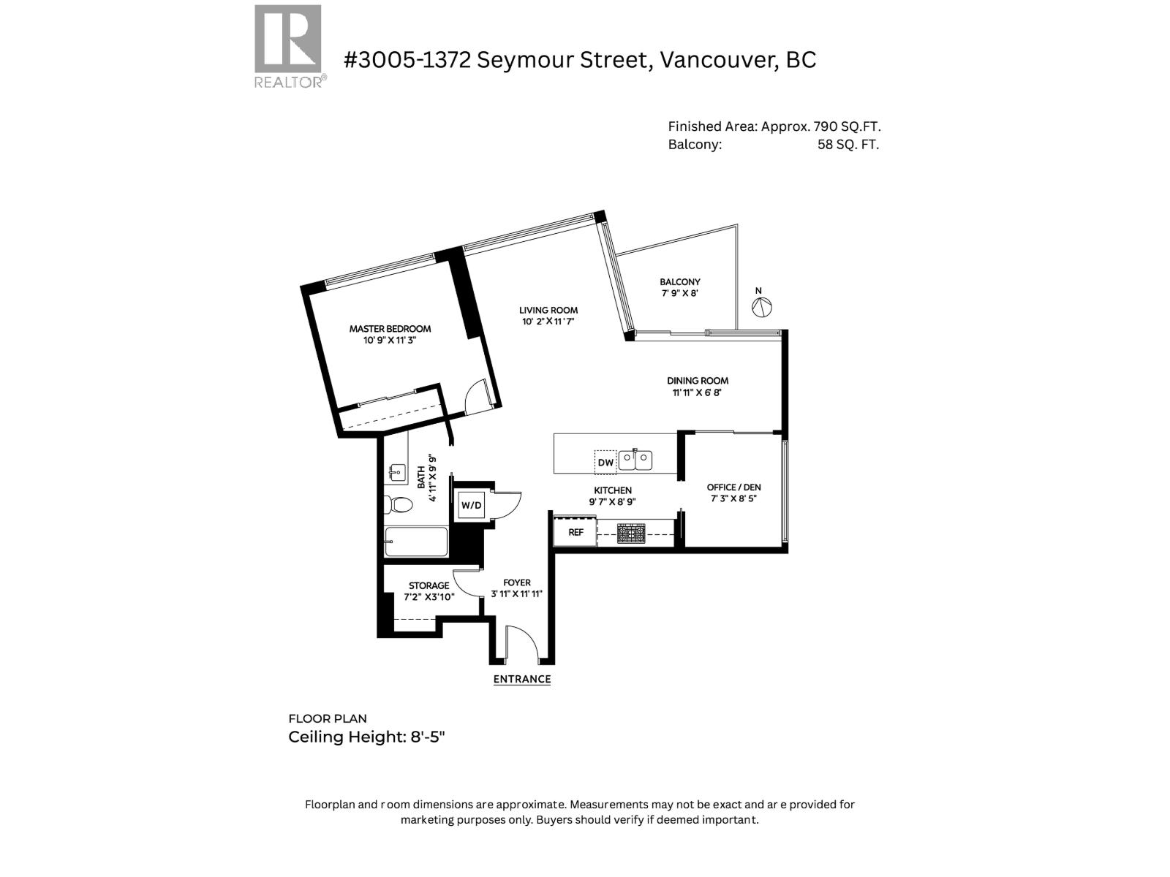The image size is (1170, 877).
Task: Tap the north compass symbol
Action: (762, 307)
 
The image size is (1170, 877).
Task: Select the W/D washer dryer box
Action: (472, 505)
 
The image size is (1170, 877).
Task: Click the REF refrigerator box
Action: (575, 532)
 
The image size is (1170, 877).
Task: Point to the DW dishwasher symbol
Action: (605, 462)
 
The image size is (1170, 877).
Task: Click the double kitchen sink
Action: (635, 460)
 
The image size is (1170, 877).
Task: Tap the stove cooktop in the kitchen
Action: (631, 534)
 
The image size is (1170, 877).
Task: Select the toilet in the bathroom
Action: (399, 504)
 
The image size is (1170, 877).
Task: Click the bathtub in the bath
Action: (415, 542)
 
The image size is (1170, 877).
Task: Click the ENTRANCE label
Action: (521, 679)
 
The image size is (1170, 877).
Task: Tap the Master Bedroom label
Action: (390, 329)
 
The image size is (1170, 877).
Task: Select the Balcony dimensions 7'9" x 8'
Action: (679, 293)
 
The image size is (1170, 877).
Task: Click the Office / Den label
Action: (733, 487)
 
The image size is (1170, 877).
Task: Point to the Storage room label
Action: (429, 585)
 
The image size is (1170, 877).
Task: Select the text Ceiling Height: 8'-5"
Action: (366, 737)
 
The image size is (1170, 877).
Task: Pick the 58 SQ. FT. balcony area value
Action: (848, 145)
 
